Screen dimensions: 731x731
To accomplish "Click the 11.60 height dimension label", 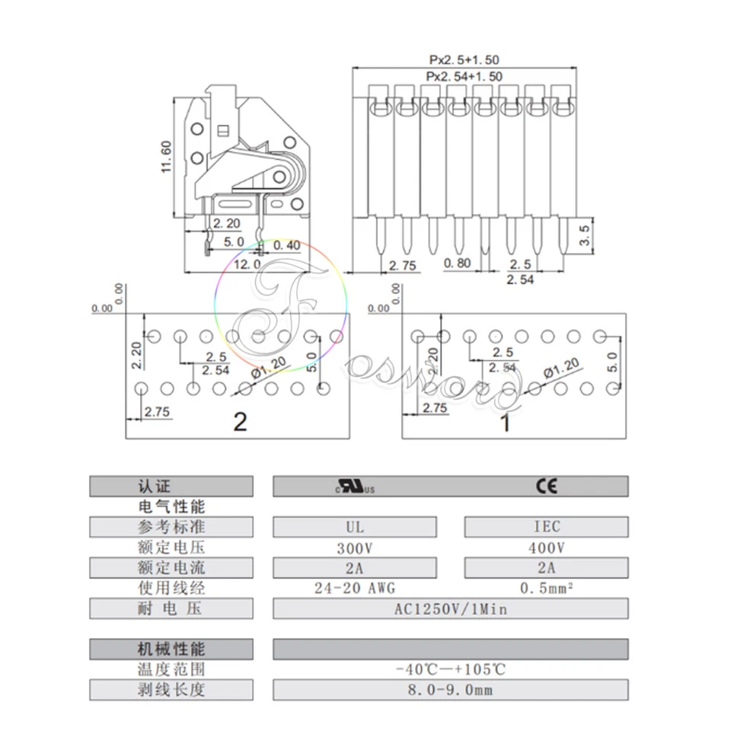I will pos(167,157).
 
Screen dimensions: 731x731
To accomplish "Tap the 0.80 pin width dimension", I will pos(458,264).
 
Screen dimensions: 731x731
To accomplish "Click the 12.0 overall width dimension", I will pos(246,264).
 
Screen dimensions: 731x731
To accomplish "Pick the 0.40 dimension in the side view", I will pos(286,244).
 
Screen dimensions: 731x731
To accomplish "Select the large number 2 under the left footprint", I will pos(240,421).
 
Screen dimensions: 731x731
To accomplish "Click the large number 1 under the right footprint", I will pos(504,423).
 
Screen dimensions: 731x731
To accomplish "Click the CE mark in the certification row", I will pos(546,487).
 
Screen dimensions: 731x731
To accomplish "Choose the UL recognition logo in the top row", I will pos(356,487).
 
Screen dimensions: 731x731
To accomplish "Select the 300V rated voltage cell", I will pos(355,547).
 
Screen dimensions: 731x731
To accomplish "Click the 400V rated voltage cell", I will pos(546,547).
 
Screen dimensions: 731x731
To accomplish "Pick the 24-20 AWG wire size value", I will pos(355,588).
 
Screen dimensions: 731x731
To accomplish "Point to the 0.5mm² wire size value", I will pos(546,588).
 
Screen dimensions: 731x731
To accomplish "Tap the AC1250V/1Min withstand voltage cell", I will pos(451,608).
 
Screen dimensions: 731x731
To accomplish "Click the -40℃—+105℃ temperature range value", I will pos(451,670).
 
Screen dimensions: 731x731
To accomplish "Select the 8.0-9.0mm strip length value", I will pos(451,691).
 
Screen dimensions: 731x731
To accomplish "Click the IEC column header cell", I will pos(546,527).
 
